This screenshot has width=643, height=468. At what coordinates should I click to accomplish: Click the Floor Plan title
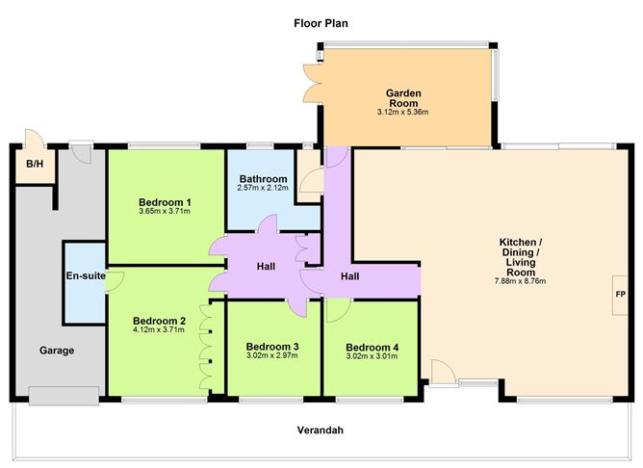click(321, 23)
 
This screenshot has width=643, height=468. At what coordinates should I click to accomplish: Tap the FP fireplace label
click(621, 295)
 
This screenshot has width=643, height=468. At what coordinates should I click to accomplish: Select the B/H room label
click(35, 164)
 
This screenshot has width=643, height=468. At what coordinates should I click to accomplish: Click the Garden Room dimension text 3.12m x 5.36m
click(402, 112)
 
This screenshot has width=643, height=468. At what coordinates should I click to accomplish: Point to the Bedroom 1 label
click(165, 202)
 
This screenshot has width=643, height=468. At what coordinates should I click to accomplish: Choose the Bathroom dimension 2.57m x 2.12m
click(263, 188)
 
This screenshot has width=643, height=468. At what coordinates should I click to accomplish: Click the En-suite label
click(86, 275)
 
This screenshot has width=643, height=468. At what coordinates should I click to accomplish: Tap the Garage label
click(57, 351)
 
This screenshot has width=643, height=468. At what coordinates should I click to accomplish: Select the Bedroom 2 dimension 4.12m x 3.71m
click(159, 329)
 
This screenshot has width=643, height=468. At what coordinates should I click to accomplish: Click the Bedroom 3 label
click(272, 347)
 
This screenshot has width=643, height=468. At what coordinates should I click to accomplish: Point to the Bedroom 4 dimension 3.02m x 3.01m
click(372, 356)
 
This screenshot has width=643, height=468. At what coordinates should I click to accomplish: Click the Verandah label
click(321, 430)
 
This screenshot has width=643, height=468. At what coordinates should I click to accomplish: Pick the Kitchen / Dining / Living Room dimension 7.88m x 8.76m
click(521, 281)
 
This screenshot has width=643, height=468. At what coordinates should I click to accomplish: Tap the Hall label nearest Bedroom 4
click(350, 276)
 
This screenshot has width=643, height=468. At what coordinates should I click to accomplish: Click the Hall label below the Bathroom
click(266, 267)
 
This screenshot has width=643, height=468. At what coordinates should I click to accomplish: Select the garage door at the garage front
click(64, 396)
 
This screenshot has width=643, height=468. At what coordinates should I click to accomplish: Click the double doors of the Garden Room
click(313, 83)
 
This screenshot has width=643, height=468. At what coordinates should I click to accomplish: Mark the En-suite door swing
click(115, 281)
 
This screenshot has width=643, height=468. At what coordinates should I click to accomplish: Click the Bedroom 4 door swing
click(338, 310)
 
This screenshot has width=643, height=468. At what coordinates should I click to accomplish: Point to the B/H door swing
click(36, 139)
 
